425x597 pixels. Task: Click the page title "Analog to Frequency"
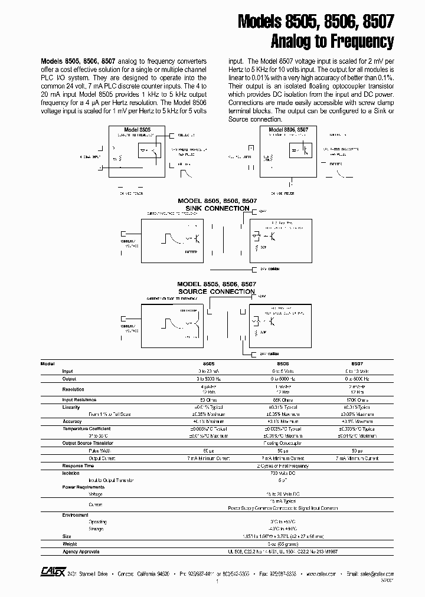[332, 42]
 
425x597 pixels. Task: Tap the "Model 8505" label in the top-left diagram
[137, 129]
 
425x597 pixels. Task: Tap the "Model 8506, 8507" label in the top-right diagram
[287, 129]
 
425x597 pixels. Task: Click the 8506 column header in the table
[283, 364]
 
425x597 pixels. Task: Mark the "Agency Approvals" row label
[81, 551]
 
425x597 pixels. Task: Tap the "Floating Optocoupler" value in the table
[283, 443]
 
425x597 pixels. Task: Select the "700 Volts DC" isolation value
[283, 473]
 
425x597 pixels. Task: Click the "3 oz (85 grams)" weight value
[283, 544]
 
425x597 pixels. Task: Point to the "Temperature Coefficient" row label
[86, 429]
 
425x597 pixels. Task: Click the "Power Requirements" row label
[83, 487]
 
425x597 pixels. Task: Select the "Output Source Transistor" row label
[87, 443]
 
